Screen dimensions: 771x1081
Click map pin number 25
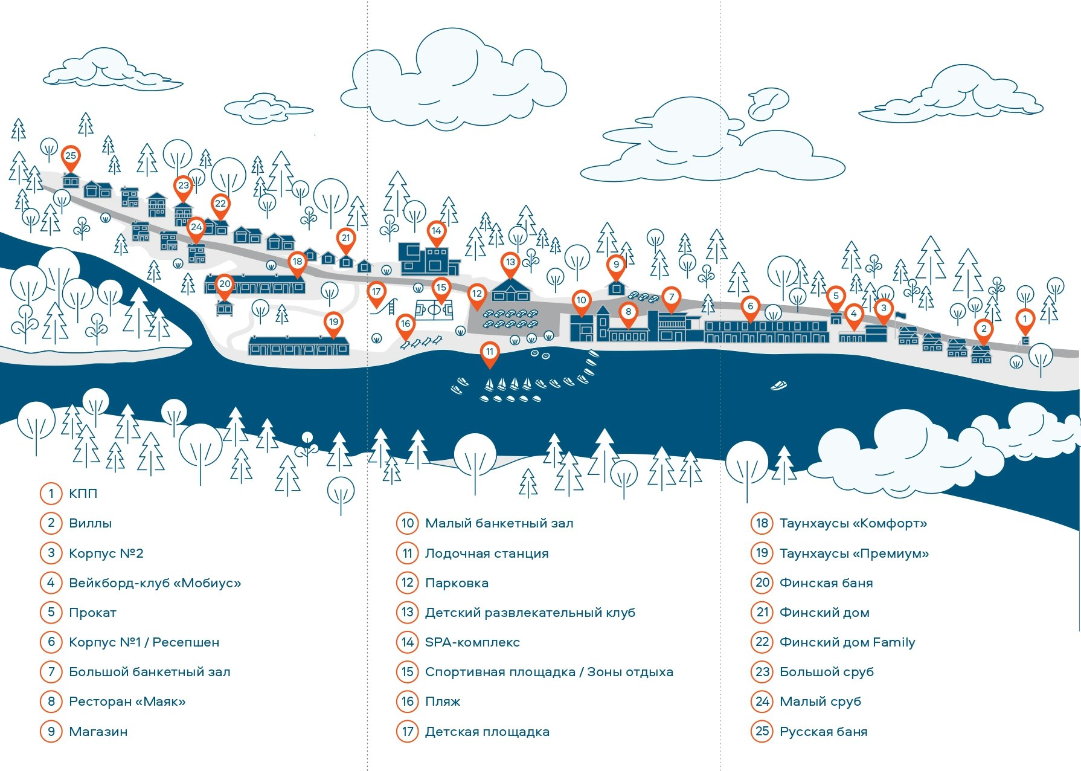click(71, 156)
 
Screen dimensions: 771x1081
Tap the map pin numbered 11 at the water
click(490, 352)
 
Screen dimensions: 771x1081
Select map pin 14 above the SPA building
click(436, 231)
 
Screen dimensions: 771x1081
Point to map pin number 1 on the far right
click(1024, 320)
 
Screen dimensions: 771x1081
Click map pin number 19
click(333, 323)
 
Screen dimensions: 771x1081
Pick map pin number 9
click(616, 265)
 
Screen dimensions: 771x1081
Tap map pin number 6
click(750, 307)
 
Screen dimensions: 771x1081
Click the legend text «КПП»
click(83, 494)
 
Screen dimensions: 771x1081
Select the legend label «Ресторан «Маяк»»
click(127, 702)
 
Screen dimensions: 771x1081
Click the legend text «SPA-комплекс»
click(472, 642)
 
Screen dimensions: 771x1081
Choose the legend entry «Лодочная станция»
click(487, 553)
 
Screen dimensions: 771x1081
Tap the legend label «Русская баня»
click(823, 732)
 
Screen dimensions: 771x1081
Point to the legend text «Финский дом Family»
click(847, 642)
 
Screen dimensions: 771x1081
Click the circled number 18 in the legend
click(762, 523)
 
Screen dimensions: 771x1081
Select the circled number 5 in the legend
click(51, 613)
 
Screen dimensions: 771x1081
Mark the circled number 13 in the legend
click(408, 613)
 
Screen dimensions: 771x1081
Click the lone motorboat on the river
click(779, 385)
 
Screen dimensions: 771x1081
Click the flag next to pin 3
click(900, 316)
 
